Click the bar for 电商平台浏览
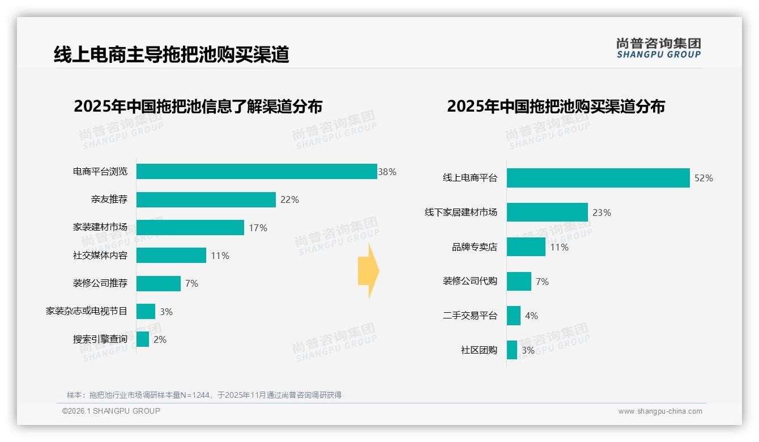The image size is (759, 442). (257, 172)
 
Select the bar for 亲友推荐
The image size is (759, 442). (206, 199)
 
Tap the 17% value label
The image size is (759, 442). (258, 228)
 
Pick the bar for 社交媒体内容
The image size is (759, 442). (171, 256)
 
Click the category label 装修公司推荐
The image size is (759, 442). (100, 283)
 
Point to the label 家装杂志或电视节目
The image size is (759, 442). (87, 311)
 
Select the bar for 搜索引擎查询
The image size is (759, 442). (143, 339)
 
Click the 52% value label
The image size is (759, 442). (703, 178)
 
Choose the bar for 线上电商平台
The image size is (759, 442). (598, 178)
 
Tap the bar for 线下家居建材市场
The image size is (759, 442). (547, 212)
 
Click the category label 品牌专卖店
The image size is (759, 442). (474, 247)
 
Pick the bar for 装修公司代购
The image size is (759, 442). (519, 282)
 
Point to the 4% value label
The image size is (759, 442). (531, 316)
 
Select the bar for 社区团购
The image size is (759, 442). (512, 350)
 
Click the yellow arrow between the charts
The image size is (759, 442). (368, 271)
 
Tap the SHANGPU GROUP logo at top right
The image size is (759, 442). (659, 48)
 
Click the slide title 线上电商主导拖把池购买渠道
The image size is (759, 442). (172, 54)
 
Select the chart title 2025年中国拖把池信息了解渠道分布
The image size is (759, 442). (198, 107)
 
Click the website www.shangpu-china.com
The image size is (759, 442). (660, 411)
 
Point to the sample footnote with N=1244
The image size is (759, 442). (204, 395)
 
